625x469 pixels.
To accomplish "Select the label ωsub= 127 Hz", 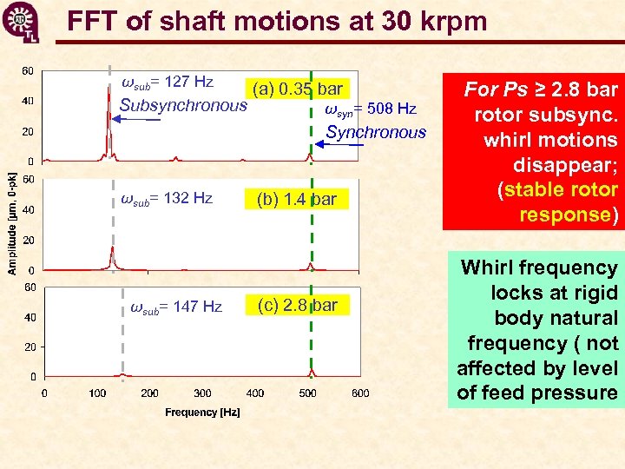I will pos(168,83).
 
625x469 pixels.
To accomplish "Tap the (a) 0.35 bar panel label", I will pos(298,89).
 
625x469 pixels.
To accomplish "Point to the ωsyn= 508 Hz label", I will pos(371,109).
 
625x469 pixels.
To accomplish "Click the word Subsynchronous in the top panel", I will pos(183,106).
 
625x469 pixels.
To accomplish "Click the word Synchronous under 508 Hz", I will pos(376,133).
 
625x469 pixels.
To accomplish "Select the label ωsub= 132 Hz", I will pos(167,198).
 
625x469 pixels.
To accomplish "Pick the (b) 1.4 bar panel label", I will pos(296,199).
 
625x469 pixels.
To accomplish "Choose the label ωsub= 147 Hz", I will pos(176,307).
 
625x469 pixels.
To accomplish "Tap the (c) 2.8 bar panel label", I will pos(297,305).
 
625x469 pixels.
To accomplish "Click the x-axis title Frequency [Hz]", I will pos(202,413).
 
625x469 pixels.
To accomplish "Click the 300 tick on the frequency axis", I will pos(202,393).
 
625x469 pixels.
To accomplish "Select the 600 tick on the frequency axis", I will pos(360,393).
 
